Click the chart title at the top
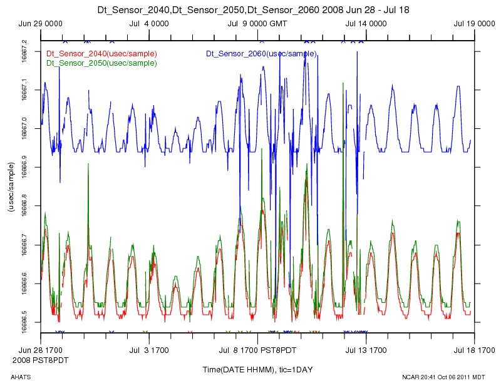pos(247,10)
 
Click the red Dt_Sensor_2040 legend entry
pos(101,54)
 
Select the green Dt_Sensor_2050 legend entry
pos(101,63)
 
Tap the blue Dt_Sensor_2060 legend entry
pos(261,54)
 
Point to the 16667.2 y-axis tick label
pos(24,51)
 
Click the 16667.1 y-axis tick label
pos(24,89)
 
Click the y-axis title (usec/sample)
pos(11,186)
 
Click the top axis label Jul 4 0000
pos(149,24)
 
